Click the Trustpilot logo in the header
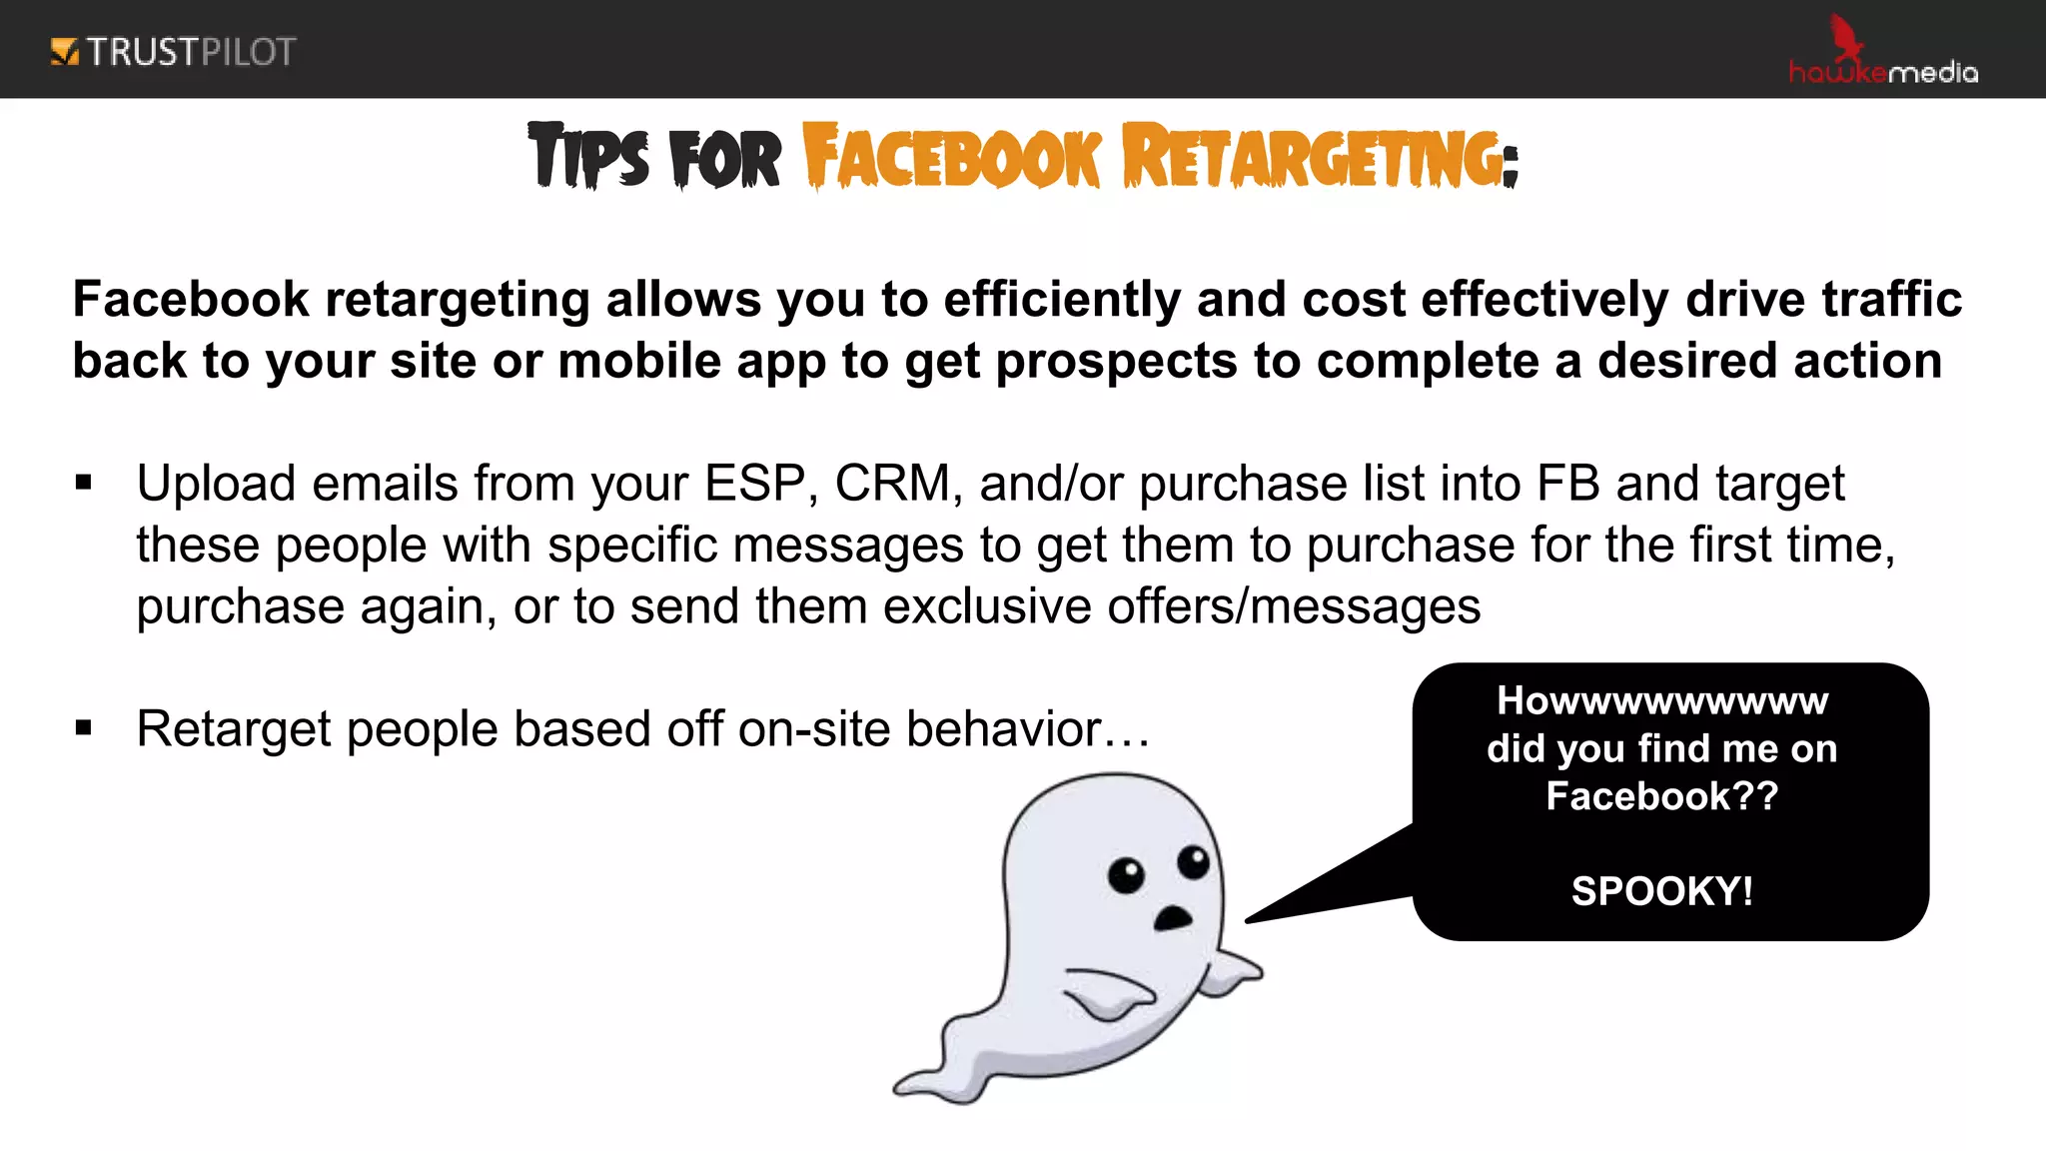click(173, 52)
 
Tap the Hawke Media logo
click(1882, 56)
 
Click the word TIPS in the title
click(588, 157)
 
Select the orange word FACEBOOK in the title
click(951, 157)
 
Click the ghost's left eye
click(1126, 875)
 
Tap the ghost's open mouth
click(1172, 918)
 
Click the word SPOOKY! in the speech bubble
click(1661, 890)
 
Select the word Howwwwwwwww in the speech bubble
click(1661, 701)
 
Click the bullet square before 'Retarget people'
click(84, 728)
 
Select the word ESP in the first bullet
click(754, 484)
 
